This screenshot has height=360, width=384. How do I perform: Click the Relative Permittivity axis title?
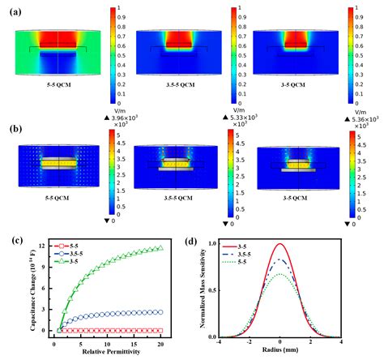click(x=109, y=352)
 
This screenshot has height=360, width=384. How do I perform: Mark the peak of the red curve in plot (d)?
click(x=280, y=243)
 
